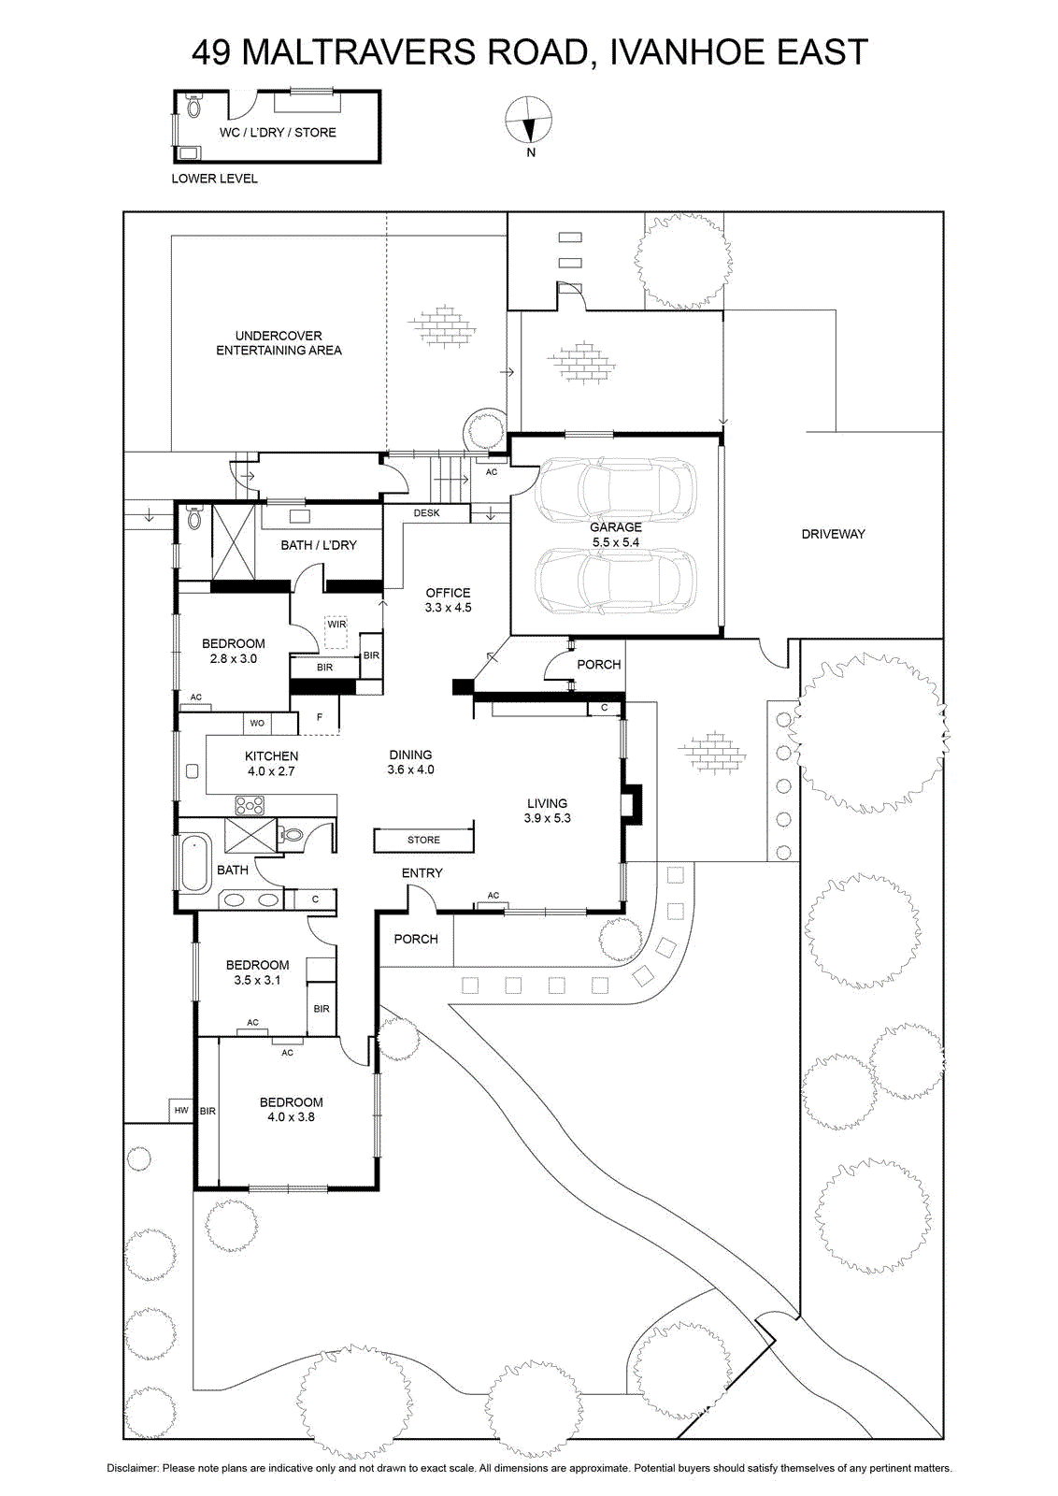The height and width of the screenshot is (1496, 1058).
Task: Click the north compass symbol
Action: tap(529, 121)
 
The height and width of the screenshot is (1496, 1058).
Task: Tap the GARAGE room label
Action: tap(615, 527)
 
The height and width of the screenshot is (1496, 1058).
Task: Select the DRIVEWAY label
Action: tap(833, 534)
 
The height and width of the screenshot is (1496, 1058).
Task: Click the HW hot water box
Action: tap(181, 1110)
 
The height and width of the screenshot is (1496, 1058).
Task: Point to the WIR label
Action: tap(336, 624)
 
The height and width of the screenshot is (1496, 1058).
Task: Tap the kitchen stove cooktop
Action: tap(249, 805)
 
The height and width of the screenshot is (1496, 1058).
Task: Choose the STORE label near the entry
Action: tap(424, 840)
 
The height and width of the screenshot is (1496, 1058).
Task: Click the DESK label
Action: tap(426, 513)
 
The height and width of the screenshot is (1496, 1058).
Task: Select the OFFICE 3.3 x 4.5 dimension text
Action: tap(448, 607)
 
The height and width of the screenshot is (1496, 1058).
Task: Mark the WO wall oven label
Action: tap(257, 723)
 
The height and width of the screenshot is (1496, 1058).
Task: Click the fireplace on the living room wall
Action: tap(630, 805)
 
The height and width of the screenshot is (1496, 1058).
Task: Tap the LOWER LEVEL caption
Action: tap(214, 179)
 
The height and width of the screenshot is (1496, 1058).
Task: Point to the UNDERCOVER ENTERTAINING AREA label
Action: tap(279, 342)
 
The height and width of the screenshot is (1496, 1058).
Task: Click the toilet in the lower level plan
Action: tap(193, 107)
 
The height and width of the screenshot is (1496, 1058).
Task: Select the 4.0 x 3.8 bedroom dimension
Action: tap(291, 1116)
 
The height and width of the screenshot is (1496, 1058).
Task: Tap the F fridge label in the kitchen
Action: tap(320, 717)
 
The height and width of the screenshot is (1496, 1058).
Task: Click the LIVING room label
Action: tap(548, 803)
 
